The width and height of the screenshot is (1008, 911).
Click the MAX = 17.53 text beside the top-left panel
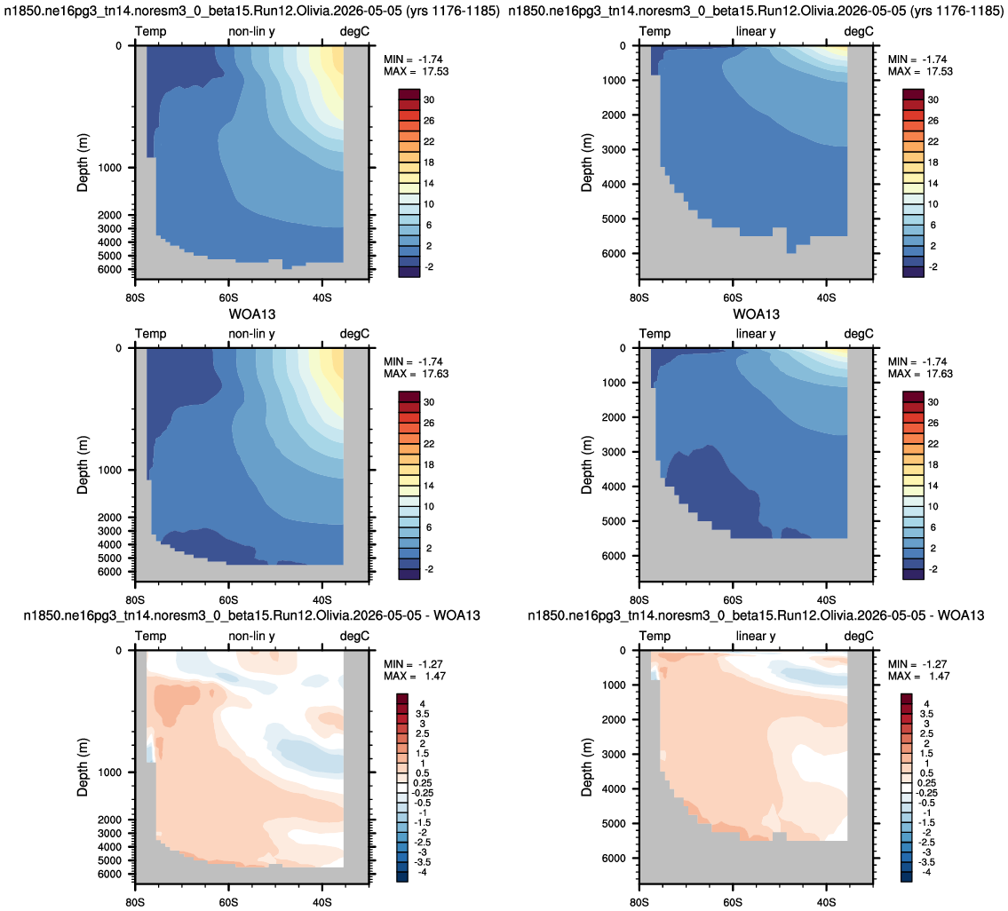pos(416,71)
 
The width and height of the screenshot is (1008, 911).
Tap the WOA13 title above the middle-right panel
pos(756,314)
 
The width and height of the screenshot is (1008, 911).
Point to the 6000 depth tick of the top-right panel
pos(614,253)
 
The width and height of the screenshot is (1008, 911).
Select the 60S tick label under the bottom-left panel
pos(228,902)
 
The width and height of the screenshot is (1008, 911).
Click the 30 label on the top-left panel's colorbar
pos(429,99)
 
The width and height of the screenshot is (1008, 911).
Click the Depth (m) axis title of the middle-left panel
pos(83,464)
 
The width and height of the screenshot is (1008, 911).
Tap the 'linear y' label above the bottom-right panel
pos(756,636)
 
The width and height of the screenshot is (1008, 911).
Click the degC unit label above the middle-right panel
pos(859,334)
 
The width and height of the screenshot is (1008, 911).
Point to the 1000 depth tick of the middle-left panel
pos(109,470)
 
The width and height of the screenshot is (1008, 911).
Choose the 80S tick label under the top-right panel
pos(639,297)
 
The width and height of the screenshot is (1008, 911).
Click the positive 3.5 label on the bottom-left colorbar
pos(423,714)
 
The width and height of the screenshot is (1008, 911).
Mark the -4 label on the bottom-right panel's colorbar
pos(926,872)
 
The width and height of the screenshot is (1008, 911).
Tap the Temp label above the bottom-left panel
pos(150,636)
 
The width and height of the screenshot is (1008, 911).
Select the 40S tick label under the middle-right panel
pos(826,600)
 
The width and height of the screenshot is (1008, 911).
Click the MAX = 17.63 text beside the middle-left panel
pos(416,374)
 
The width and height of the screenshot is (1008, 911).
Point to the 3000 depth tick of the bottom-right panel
pos(614,754)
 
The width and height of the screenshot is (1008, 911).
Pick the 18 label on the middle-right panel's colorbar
pos(933,464)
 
